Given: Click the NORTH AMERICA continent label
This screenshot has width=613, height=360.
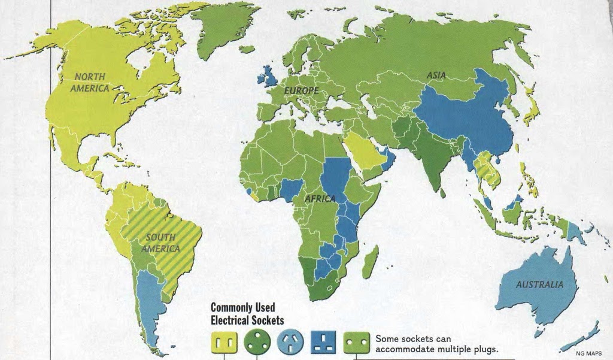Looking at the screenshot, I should click(89, 83).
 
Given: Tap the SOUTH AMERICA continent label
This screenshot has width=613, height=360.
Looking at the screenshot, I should click(160, 243).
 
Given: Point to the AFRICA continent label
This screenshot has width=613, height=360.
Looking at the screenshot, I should click(320, 198).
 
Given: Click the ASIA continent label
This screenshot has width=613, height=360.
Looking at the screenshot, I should click(436, 75).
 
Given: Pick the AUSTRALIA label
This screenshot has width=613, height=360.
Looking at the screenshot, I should click(539, 285).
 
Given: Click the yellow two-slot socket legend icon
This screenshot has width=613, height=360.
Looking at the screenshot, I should click(223, 343).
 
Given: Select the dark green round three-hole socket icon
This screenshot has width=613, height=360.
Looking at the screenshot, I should click(257, 342).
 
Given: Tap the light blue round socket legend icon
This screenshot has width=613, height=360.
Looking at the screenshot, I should click(290, 342).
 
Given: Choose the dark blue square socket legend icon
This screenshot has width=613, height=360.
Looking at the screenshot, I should click(323, 342).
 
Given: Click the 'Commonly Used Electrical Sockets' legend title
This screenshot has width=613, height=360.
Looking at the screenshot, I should click(247, 313).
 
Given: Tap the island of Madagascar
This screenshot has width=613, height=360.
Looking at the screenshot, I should click(371, 262).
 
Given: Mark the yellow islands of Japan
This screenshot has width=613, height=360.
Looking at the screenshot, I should click(531, 105).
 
